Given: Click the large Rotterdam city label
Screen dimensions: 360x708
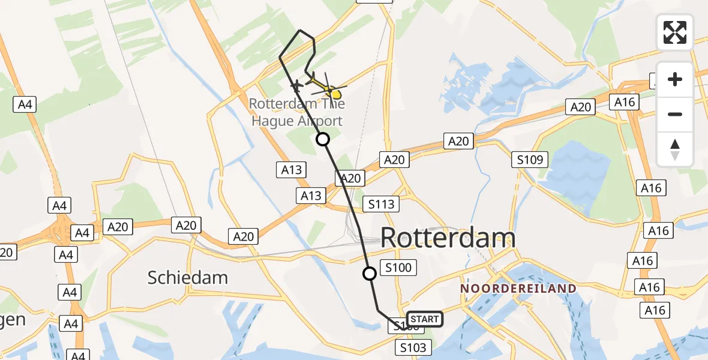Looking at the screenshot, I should [448, 238].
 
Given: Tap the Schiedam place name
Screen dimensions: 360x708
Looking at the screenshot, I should [188, 278].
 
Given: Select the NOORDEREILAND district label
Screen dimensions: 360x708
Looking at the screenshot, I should [518, 289].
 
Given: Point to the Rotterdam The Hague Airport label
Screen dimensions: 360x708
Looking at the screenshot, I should [296, 112].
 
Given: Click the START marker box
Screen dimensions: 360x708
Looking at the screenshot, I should [424, 319].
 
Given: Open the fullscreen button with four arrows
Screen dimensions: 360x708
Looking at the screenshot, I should [675, 32].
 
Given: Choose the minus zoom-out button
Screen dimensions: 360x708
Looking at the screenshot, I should [675, 114].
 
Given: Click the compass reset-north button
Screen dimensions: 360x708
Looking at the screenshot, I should [675, 148].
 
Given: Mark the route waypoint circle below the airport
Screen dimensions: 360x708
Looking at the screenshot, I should [323, 140].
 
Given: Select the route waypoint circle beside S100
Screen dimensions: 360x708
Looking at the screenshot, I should [370, 274].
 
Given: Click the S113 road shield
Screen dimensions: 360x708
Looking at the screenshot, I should [382, 204].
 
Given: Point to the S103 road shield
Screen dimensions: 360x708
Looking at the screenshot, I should [413, 347].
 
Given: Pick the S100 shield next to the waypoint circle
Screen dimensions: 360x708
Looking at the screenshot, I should [398, 268].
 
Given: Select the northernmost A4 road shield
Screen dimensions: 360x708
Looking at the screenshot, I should [24, 104].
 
